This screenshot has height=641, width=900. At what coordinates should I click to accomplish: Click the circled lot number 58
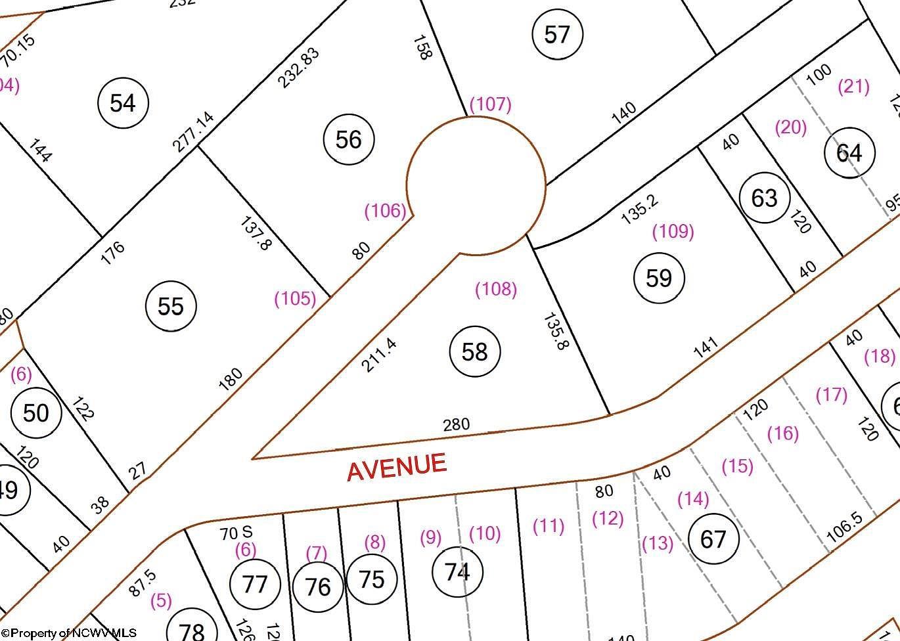pos(474,351)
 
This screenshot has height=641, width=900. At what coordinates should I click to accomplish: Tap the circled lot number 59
pos(658,278)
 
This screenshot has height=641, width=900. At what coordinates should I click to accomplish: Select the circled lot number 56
pos(348,139)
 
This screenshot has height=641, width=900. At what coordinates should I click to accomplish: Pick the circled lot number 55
pos(171,306)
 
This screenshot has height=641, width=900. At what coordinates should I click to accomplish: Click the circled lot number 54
pos(123,102)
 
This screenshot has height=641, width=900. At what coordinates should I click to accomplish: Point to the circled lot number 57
pos(556,33)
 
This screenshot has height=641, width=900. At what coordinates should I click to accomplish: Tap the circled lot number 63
pos(764,198)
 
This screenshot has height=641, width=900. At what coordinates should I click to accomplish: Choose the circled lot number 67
pos(713,539)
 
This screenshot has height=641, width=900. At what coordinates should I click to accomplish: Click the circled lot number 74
pos(457,571)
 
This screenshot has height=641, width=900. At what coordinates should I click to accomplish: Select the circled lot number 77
pos(255,583)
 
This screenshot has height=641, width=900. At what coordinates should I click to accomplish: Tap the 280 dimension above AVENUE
pos(456,424)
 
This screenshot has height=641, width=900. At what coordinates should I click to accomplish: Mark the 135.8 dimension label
pos(554,331)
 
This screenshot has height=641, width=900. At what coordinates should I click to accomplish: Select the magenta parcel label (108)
pos(496,289)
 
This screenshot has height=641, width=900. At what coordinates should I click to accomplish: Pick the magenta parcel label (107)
pos(490,104)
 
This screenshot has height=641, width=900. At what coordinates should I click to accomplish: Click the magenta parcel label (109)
pos(673,231)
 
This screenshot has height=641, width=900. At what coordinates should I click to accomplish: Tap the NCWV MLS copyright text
pos(69,633)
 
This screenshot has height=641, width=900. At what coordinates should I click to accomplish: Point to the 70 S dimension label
pos(236,533)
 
